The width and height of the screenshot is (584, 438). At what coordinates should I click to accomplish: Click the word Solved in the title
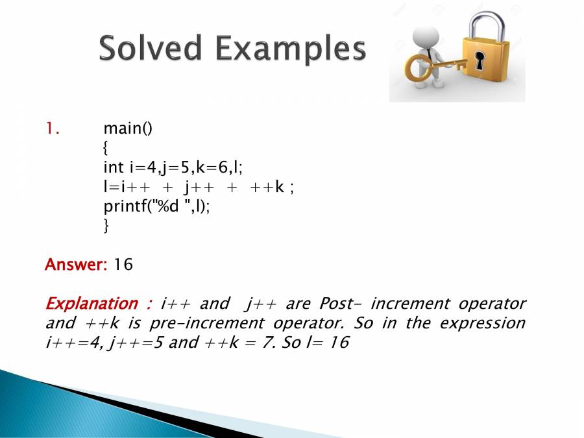coord(150,47)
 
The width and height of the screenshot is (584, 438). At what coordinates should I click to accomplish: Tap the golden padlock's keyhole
coord(480,61)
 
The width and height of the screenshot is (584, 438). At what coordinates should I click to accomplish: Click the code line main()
coord(128,128)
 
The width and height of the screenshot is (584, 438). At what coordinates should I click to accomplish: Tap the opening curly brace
coord(106,148)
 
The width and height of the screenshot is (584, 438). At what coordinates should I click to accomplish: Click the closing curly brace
coord(106,225)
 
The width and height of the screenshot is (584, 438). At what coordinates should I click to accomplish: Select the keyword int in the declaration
coord(113,167)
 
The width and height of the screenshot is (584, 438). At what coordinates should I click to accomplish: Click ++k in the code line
coord(267,187)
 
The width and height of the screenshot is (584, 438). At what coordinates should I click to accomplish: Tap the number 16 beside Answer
coord(123,265)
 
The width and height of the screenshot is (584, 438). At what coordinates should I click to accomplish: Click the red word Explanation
coord(91,303)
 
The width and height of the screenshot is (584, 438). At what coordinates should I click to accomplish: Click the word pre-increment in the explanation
coord(207,323)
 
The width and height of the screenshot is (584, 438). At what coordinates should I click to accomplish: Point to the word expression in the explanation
coord(482,323)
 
